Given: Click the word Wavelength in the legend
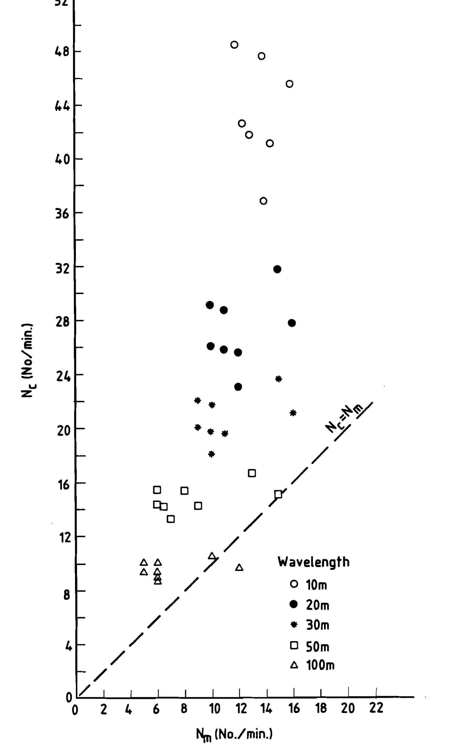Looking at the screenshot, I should click(x=314, y=562).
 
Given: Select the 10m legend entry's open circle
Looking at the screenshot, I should click(x=293, y=584).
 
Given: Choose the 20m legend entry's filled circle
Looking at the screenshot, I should click(x=293, y=604).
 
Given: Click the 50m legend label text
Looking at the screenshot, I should click(x=317, y=645).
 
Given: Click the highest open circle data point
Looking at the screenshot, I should click(x=235, y=45).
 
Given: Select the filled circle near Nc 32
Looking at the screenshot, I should click(x=277, y=269).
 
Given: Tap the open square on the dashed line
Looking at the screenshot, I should click(x=278, y=494).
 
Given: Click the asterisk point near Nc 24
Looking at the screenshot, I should click(x=278, y=379).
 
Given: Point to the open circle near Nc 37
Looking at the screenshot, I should click(x=263, y=201).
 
